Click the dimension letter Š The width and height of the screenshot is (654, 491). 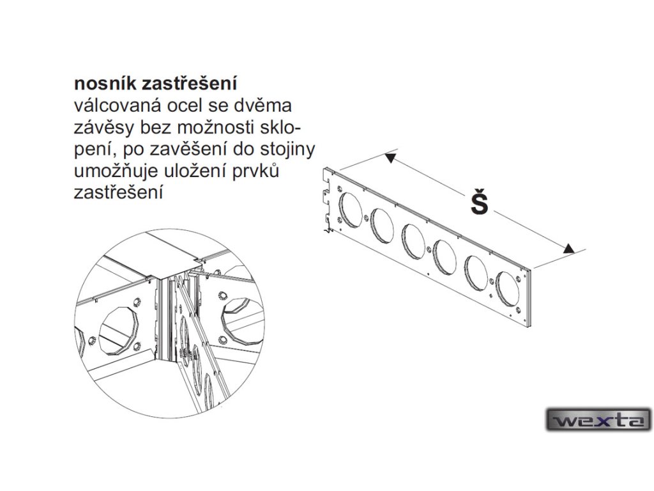pyautogui.click(x=478, y=203)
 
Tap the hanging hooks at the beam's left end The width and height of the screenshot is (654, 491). pyautogui.click(x=328, y=195)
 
